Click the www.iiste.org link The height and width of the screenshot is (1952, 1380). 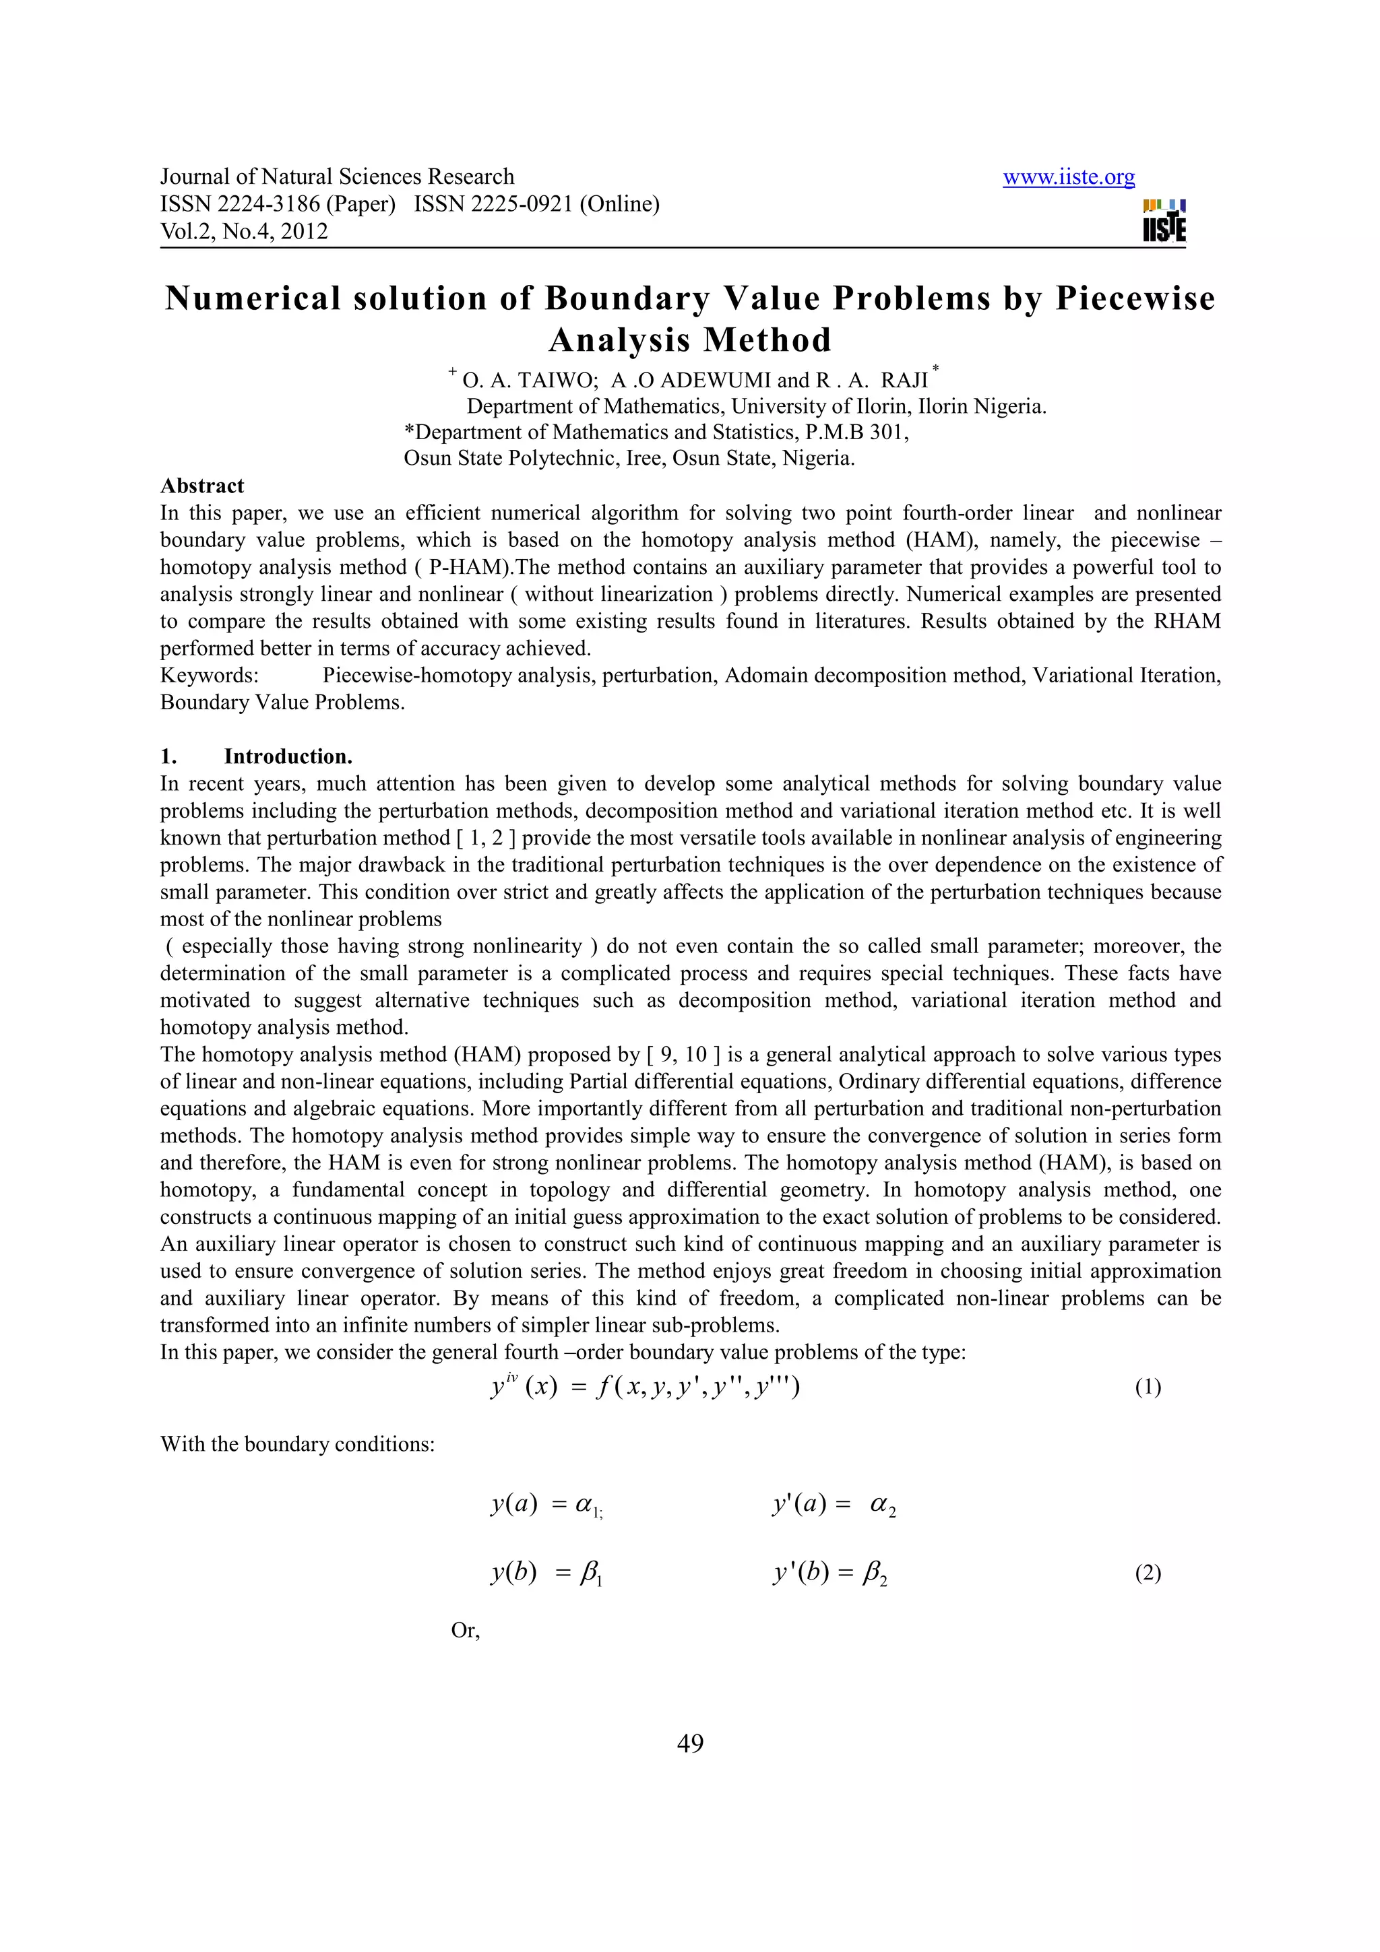click(1068, 177)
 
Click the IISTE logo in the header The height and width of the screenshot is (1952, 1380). click(1164, 221)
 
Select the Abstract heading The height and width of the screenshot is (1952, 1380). click(202, 486)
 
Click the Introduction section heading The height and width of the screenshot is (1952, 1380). click(288, 756)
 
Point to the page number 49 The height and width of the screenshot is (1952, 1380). click(689, 1743)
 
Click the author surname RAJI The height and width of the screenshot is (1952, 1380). click(905, 380)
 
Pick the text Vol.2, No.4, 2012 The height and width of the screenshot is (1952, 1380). click(244, 231)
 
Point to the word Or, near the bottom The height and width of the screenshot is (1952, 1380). click(465, 1631)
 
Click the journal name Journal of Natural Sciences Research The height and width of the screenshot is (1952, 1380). click(338, 177)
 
